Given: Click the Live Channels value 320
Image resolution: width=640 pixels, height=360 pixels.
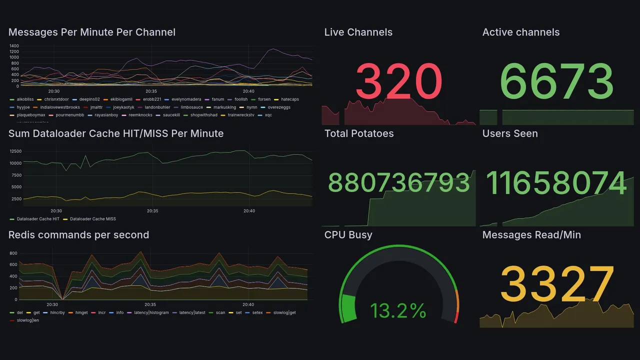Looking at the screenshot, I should (398, 81).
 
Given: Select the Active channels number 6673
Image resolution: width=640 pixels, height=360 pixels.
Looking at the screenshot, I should (556, 81).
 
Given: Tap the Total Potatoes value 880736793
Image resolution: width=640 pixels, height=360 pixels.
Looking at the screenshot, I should (398, 183).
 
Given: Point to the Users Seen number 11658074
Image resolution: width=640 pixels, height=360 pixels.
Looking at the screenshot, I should (556, 183).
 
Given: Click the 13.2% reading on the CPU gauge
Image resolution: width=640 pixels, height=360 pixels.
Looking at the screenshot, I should (398, 311).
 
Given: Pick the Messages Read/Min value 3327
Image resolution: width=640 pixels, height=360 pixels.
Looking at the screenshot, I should (556, 284).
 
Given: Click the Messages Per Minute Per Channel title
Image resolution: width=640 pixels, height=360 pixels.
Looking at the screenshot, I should (92, 32).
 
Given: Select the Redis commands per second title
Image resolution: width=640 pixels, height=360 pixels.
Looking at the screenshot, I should (79, 235).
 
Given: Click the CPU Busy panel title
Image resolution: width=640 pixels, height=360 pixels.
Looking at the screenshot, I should (348, 235).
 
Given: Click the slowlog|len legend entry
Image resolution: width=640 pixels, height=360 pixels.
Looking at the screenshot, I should (27, 320).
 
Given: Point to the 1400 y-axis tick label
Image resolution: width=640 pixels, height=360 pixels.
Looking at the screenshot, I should (13, 46).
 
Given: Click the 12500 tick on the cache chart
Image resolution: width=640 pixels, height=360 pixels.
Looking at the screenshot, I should (15, 151).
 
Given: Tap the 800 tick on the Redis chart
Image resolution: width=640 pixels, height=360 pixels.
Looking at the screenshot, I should (13, 253).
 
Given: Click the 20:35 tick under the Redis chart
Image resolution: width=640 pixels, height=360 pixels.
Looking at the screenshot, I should (150, 304).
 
